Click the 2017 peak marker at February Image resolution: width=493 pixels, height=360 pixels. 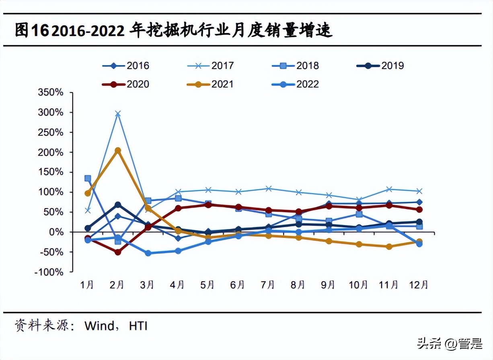[117, 114]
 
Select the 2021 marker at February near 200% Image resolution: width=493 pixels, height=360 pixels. [117, 151]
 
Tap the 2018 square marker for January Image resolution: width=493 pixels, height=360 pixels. [88, 178]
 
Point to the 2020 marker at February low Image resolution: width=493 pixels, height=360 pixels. [117, 252]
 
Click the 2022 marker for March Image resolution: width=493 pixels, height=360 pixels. [148, 253]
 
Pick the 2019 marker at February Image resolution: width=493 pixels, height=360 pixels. [117, 205]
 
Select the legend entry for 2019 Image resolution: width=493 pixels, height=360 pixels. [380, 65]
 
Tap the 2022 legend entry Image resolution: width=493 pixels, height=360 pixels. [296, 84]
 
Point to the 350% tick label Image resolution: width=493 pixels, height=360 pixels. [50, 92]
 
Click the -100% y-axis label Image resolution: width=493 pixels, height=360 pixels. [49, 272]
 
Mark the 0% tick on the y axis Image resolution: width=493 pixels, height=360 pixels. [56, 232]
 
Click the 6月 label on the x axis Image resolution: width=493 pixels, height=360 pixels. [238, 285]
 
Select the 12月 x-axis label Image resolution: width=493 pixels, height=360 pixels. [419, 285]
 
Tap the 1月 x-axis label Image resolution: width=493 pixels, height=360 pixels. [87, 285]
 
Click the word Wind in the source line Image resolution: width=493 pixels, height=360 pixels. [99, 325]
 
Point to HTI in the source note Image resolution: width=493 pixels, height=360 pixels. [138, 325]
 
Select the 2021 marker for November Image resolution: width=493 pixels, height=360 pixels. [389, 247]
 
